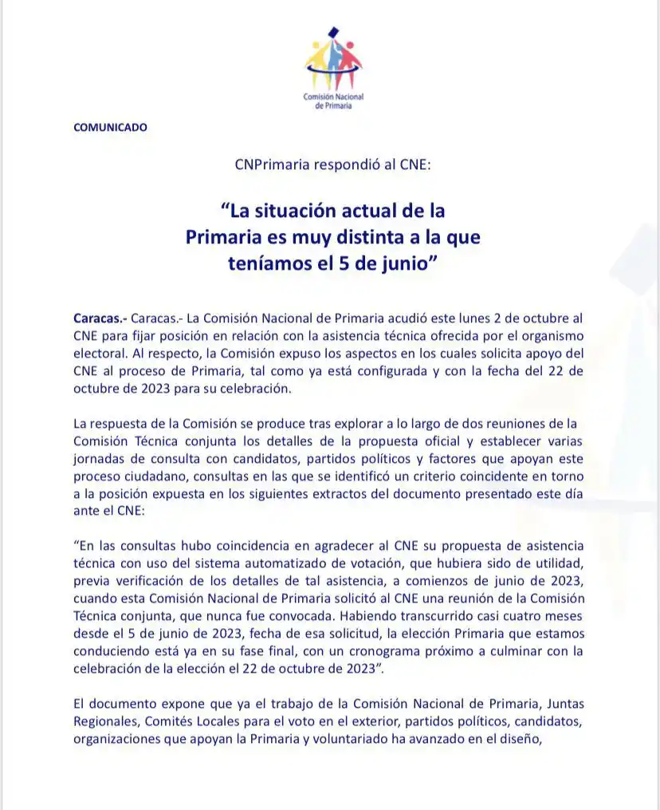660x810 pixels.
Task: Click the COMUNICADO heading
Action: point(110,127)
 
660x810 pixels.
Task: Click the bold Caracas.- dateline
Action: point(99,317)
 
